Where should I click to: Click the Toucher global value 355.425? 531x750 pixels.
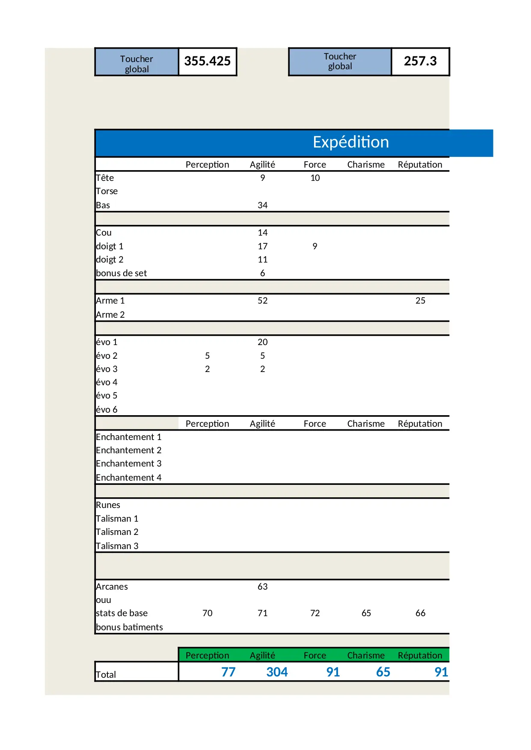tap(208, 61)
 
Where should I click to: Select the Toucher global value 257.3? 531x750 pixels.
tap(420, 61)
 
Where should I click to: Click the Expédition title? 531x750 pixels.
tap(350, 142)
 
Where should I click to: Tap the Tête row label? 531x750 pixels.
tap(105, 178)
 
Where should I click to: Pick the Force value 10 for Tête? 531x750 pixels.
tap(315, 178)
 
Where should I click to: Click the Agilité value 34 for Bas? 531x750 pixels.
tap(262, 205)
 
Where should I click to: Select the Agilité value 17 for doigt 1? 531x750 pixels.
tap(262, 246)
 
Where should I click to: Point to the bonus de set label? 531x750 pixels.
tap(121, 273)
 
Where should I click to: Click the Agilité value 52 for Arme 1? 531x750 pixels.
tap(262, 301)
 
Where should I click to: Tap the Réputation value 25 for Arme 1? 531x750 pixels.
tap(420, 301)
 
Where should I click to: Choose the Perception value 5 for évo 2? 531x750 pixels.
tap(207, 356)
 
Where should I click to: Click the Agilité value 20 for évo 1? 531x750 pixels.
tap(262, 342)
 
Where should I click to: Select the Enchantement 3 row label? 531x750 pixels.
tap(128, 464)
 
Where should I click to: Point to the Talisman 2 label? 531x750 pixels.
tap(117, 532)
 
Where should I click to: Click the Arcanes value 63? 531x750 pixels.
tap(262, 587)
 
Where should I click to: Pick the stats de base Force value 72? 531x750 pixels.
tap(315, 613)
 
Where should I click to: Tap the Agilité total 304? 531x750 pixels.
tap(277, 672)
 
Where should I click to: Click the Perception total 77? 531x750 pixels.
tap(228, 672)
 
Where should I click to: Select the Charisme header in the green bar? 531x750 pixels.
tap(366, 656)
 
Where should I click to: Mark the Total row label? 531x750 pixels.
tap(106, 675)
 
